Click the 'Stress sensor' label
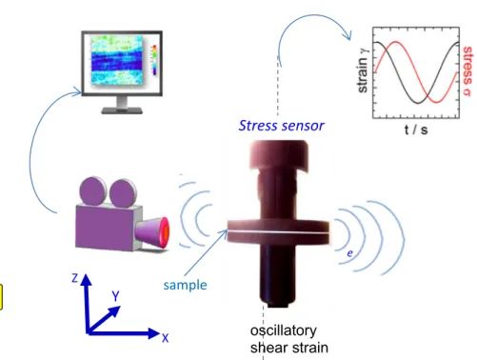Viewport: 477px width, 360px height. pyautogui.click(x=281, y=126)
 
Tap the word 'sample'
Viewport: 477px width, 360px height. pyautogui.click(x=185, y=285)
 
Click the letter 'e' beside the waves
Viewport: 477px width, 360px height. pyautogui.click(x=349, y=253)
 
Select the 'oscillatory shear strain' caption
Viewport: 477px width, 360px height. pyautogui.click(x=288, y=339)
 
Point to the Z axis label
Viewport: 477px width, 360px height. pyautogui.click(x=75, y=278)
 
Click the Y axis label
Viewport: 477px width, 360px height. pyautogui.click(x=115, y=296)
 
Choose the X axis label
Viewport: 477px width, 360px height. pyautogui.click(x=165, y=338)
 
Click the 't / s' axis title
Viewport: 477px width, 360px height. pyautogui.click(x=416, y=130)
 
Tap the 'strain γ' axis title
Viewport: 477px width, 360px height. pyautogui.click(x=362, y=70)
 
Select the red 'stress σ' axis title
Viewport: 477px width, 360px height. pyautogui.click(x=467, y=70)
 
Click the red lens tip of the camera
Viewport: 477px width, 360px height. pyautogui.click(x=166, y=232)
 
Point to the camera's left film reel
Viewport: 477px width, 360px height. pyautogui.click(x=92, y=190)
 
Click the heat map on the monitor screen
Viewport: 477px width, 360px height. pyautogui.click(x=117, y=60)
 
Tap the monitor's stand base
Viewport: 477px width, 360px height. pyautogui.click(x=122, y=110)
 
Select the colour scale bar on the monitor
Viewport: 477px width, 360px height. pyautogui.click(x=154, y=60)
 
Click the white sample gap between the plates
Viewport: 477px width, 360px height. pyautogui.click(x=278, y=232)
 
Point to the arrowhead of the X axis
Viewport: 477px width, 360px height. pyautogui.click(x=154, y=333)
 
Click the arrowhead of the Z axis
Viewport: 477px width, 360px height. pyautogui.click(x=86, y=280)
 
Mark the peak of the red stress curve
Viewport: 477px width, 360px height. pyautogui.click(x=396, y=42)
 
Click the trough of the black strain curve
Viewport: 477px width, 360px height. pyautogui.click(x=418, y=103)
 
